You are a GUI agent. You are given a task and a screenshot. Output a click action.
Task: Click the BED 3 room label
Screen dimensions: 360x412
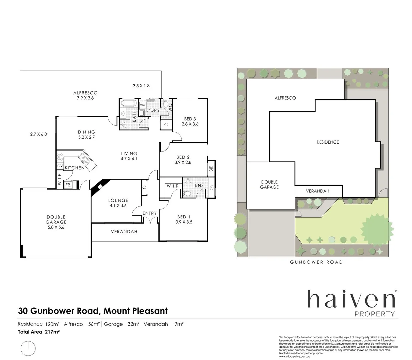pyautogui.click(x=190, y=119)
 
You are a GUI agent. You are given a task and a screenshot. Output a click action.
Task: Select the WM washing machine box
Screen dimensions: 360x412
pyautogui.click(x=143, y=105)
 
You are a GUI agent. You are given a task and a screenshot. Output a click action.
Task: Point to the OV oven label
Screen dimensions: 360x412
pyautogui.click(x=60, y=166)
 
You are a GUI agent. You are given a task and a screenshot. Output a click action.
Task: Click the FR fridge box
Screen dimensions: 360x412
pyautogui.click(x=68, y=185)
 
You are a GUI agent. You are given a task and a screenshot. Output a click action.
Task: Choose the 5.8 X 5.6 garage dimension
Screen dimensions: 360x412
pyautogui.click(x=56, y=227)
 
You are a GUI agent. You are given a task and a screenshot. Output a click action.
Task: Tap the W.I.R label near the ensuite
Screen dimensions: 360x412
pyautogui.click(x=173, y=186)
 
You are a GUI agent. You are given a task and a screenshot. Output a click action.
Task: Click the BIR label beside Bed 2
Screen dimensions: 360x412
pyautogui.click(x=211, y=168)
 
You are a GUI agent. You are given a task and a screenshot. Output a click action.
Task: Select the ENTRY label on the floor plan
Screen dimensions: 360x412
pyautogui.click(x=149, y=213)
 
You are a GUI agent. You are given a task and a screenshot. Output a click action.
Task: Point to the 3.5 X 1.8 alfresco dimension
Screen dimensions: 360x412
pyautogui.click(x=141, y=86)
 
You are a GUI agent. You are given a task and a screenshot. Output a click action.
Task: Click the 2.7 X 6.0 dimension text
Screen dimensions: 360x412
pyautogui.click(x=38, y=134)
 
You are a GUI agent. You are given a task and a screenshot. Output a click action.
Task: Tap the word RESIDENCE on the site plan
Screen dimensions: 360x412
pyautogui.click(x=327, y=142)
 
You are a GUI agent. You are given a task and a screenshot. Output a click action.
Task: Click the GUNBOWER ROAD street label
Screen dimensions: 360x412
pyautogui.click(x=316, y=262)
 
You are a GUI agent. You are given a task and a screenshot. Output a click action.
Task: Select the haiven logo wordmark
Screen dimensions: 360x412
pyautogui.click(x=351, y=299)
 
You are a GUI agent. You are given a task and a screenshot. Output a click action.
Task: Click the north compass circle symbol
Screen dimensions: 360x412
pyautogui.click(x=28, y=348)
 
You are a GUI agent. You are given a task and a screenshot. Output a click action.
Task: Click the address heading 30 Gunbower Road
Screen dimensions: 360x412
pyautogui.click(x=92, y=311)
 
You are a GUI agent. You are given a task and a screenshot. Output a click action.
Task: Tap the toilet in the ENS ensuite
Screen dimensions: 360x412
pyautogui.click(x=187, y=193)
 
